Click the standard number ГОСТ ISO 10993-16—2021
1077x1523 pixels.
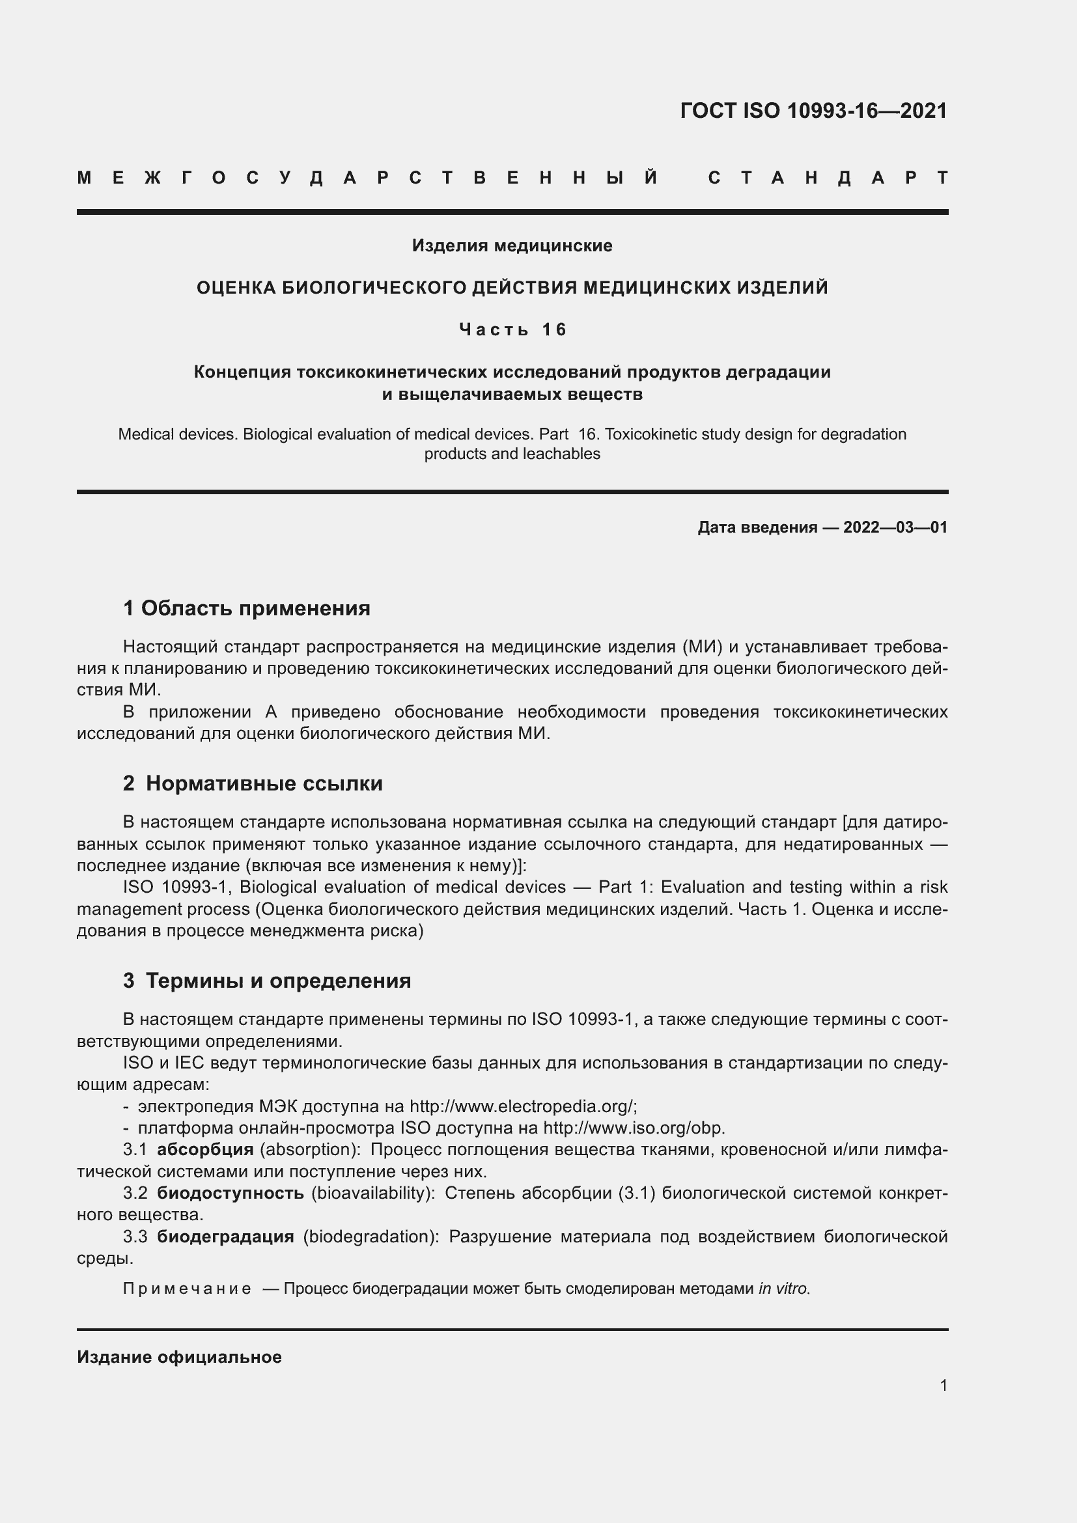click(813, 111)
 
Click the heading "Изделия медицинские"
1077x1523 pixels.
click(512, 246)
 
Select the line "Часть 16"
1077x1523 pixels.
click(512, 329)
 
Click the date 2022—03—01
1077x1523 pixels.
click(895, 527)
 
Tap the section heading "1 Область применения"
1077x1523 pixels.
click(247, 608)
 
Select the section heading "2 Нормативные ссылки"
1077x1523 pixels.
click(253, 783)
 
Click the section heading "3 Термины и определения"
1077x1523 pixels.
click(266, 981)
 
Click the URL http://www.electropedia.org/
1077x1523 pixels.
click(523, 1106)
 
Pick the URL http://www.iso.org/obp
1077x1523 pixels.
click(634, 1128)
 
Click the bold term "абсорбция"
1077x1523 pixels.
click(205, 1149)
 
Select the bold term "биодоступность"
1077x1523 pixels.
click(230, 1194)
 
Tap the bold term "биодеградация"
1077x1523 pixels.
click(225, 1237)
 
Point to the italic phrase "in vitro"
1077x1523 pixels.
click(783, 1289)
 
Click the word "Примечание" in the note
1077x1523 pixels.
click(187, 1289)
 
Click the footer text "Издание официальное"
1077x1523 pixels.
click(179, 1357)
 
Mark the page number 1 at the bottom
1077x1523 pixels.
click(943, 1385)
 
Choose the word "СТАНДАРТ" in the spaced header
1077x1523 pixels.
click(828, 178)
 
